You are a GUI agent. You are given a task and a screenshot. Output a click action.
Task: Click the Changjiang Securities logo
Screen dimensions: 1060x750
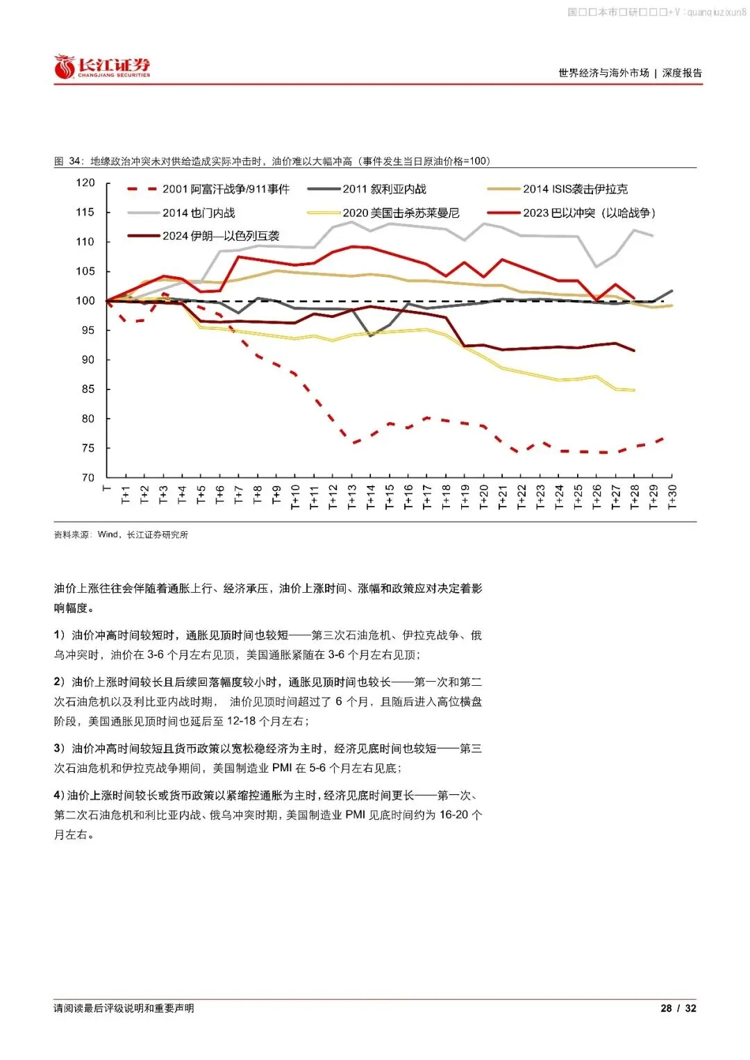tap(102, 67)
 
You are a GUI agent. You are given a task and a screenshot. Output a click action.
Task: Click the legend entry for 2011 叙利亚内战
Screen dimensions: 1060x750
tap(383, 189)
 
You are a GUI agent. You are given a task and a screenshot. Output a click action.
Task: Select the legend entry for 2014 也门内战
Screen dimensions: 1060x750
tap(198, 212)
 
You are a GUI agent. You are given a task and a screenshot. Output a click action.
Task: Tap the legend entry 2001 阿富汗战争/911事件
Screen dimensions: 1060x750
tap(225, 189)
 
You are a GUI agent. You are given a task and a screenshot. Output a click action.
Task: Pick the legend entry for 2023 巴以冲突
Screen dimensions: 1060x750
tap(588, 212)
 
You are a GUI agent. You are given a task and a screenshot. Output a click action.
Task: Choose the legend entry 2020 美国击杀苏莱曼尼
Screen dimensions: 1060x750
tap(400, 212)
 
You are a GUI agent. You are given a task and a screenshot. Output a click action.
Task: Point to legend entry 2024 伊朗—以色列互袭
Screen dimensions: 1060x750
tap(220, 236)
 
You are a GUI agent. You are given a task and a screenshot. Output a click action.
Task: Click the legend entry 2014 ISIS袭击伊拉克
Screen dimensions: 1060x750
tap(574, 189)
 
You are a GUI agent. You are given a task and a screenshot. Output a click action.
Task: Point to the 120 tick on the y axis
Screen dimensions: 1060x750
tap(85, 183)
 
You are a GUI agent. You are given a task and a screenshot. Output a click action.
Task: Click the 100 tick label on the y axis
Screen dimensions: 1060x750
tap(85, 301)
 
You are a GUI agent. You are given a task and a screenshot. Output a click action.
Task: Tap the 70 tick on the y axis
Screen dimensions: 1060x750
tap(88, 478)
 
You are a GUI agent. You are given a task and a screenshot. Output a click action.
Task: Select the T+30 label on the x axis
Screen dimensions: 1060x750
tap(672, 497)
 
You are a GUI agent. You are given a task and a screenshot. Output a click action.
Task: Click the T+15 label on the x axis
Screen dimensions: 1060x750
tap(390, 497)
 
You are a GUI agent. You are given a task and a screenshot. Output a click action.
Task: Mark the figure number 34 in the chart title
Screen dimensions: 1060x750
tap(74, 161)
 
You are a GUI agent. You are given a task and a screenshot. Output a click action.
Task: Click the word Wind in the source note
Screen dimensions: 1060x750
tap(108, 535)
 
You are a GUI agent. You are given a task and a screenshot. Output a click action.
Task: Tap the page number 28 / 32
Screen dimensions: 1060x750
tap(678, 1008)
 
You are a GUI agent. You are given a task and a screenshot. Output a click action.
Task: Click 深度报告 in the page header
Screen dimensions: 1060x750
tap(682, 73)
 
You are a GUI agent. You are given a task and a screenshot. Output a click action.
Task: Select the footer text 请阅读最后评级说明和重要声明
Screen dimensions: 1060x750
tap(124, 1008)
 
